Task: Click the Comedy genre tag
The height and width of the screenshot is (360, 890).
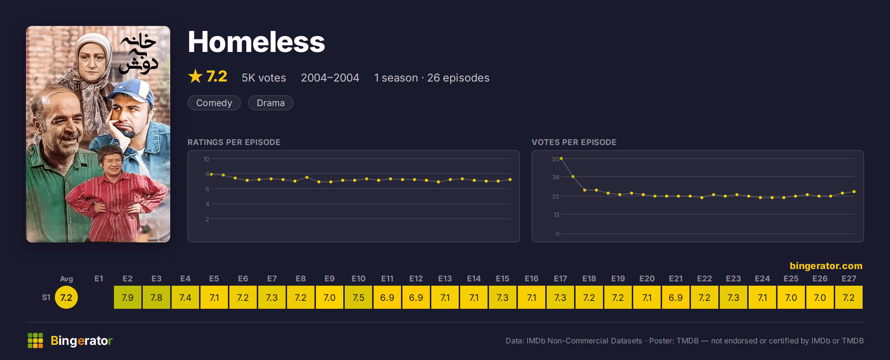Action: coord(214,103)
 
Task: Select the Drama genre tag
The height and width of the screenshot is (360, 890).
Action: coord(270,103)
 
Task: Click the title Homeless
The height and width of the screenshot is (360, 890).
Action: coord(256,42)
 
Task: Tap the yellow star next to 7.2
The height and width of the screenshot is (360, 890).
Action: coord(195,76)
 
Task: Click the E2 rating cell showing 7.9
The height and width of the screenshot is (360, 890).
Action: coord(128,297)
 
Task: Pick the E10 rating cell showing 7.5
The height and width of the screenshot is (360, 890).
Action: coord(358,297)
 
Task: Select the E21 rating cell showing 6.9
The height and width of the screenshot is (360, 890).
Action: coord(676,297)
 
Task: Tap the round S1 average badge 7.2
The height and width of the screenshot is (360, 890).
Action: coord(66,297)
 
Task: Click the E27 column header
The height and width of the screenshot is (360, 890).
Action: coord(849,278)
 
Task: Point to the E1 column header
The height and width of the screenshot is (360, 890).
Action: coord(99,278)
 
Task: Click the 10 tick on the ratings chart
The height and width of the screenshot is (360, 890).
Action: coord(206,159)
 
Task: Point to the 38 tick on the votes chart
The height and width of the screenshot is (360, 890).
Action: coord(556,177)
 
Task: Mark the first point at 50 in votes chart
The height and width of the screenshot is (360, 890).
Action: coord(561,158)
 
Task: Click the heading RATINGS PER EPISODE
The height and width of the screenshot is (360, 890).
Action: coord(234,142)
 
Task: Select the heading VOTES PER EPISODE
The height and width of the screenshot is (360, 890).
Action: coord(574,142)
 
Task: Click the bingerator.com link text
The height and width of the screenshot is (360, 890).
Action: coord(826,266)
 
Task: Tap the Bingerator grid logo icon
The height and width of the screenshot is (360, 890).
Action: coord(35,341)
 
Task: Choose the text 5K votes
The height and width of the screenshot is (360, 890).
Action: coord(264,78)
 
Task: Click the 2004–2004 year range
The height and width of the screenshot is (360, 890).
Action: coord(330,78)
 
